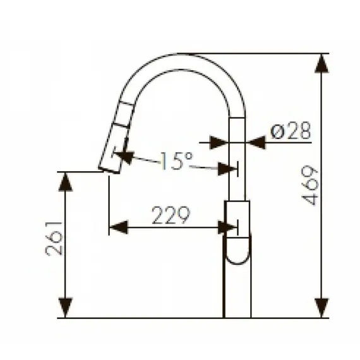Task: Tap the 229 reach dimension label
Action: click(x=171, y=216)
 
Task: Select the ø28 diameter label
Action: click(x=291, y=131)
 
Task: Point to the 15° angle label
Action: click(x=172, y=162)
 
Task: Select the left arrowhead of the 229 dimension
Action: click(x=119, y=227)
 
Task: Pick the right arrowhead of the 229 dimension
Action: click(x=226, y=227)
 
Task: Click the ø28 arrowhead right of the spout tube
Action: click(x=256, y=143)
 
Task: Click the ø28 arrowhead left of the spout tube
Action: click(x=218, y=143)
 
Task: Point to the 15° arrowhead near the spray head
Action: click(x=124, y=155)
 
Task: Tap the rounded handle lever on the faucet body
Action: click(x=238, y=249)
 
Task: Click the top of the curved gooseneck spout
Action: click(x=181, y=58)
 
